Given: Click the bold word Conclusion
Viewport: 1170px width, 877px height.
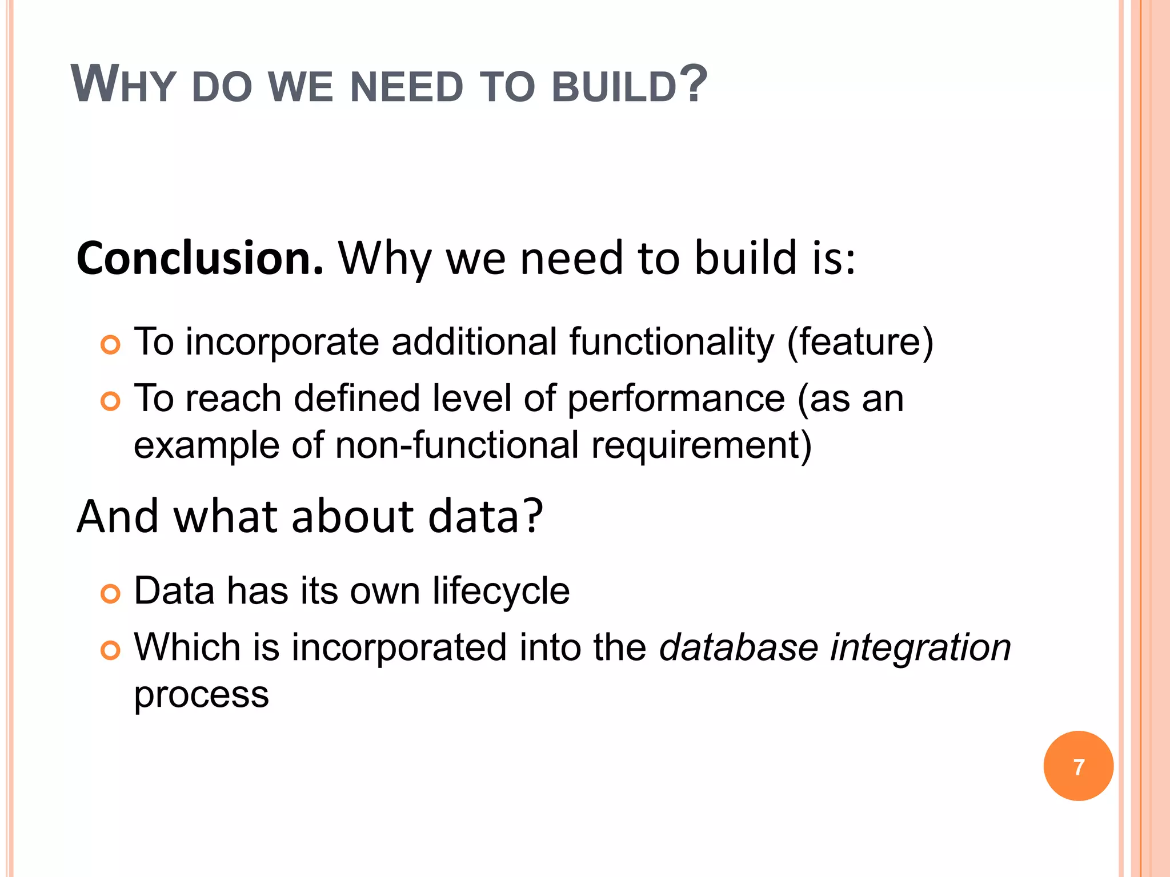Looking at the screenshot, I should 200,259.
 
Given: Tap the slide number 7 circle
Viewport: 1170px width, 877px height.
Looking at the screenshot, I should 1078,766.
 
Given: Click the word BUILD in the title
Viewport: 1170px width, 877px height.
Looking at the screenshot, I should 614,87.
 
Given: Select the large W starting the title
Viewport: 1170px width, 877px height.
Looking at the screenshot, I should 94,85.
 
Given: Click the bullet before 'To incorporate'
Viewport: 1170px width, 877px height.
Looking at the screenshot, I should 110,345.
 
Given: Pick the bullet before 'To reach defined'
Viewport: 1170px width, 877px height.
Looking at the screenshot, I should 110,401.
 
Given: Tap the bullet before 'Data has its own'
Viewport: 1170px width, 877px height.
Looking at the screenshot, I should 110,594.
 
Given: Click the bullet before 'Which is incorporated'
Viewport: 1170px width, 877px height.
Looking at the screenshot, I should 110,650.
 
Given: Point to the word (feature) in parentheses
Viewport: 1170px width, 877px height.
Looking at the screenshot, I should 860,343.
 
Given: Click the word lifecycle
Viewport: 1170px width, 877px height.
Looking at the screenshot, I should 500,591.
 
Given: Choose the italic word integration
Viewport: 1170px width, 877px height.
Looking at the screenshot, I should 920,649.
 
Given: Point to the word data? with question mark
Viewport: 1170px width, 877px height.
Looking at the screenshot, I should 485,516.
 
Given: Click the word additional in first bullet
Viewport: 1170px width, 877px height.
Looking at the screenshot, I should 474,343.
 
